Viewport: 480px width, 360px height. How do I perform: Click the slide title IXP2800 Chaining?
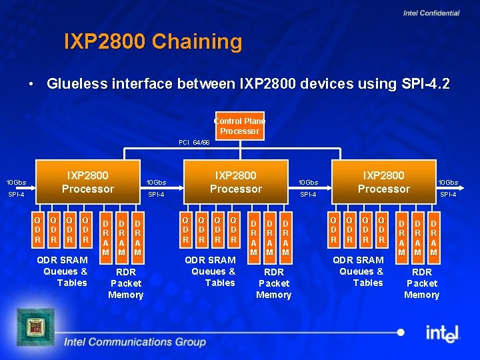point(153,42)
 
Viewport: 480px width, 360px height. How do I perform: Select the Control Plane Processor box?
point(239,126)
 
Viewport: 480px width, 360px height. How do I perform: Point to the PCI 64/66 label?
point(194,143)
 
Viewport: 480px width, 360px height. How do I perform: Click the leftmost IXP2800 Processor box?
point(87,182)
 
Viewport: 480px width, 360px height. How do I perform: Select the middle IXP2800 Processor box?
point(235,182)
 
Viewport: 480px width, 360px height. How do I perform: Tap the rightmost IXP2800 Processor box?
point(383,182)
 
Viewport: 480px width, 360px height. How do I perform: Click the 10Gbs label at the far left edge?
point(16,183)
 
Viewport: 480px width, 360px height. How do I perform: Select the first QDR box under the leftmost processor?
point(39,229)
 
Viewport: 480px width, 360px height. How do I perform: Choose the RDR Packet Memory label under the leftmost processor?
point(126,283)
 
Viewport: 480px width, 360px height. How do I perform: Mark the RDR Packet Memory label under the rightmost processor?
point(422,283)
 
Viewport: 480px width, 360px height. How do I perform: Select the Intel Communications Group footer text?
point(135,342)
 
